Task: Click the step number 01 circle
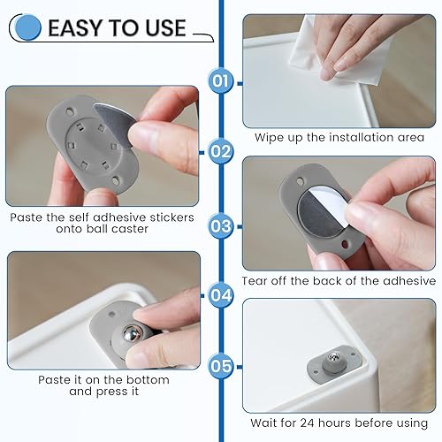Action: pyautogui.click(x=221, y=82)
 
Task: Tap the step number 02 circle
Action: pyautogui.click(x=221, y=151)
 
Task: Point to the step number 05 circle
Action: pyautogui.click(x=221, y=364)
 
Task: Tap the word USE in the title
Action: pyautogui.click(x=166, y=28)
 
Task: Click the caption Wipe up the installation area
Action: pyautogui.click(x=339, y=137)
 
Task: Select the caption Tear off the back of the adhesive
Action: pyautogui.click(x=339, y=280)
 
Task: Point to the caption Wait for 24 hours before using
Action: pyautogui.click(x=339, y=423)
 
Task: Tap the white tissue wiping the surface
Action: pyautogui.click(x=309, y=44)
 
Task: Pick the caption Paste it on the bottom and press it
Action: pyautogui.click(x=103, y=385)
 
